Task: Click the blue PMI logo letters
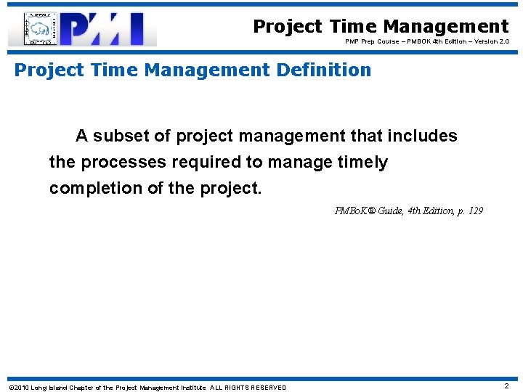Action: tap(109, 29)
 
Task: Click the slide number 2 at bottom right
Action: tap(506, 386)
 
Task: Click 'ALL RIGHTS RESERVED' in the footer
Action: tap(248, 388)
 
